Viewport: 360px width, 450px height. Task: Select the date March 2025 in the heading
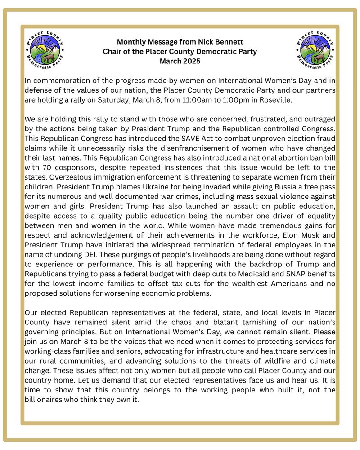tap(180, 61)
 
